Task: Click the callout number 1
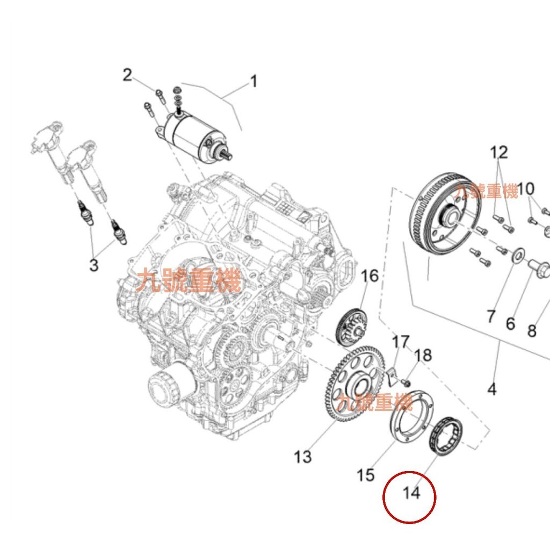(253, 82)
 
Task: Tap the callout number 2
(127, 75)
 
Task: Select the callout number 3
(94, 265)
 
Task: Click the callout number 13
(303, 457)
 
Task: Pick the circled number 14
(411, 493)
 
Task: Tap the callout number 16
(370, 276)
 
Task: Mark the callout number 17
(400, 342)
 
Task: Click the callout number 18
(423, 355)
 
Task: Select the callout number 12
(498, 153)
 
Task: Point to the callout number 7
(490, 316)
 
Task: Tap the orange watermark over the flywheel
(487, 191)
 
